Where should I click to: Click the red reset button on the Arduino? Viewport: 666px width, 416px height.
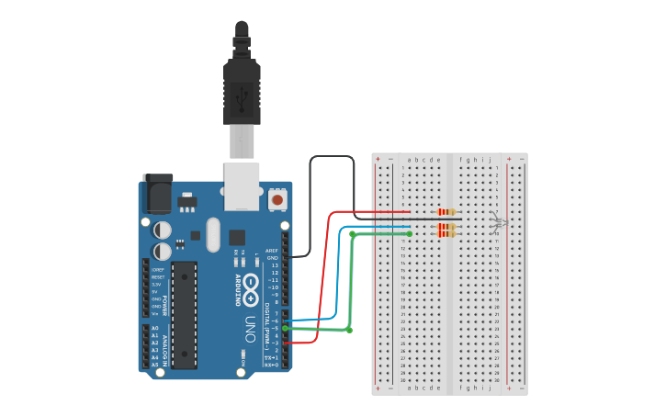277,198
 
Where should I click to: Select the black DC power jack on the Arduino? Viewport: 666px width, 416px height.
158,194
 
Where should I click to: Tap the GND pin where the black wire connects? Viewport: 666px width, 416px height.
286,258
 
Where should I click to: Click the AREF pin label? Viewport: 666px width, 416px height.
271,251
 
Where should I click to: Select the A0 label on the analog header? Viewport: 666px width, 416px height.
154,328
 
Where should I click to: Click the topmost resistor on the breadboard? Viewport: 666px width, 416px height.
447,212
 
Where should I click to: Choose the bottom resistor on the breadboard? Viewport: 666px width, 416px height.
447,234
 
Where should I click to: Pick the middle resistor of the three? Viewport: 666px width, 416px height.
447,227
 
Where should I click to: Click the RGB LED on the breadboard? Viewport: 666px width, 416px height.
497,222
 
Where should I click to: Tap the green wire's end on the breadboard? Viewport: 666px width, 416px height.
409,234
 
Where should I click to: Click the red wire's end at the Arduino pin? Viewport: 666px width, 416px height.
287,343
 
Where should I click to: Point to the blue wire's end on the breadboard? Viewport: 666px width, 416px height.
409,227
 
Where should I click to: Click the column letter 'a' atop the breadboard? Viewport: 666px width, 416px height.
409,160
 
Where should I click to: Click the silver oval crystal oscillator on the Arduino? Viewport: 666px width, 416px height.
213,234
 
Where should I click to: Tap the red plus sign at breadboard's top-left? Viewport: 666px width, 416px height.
378,159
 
